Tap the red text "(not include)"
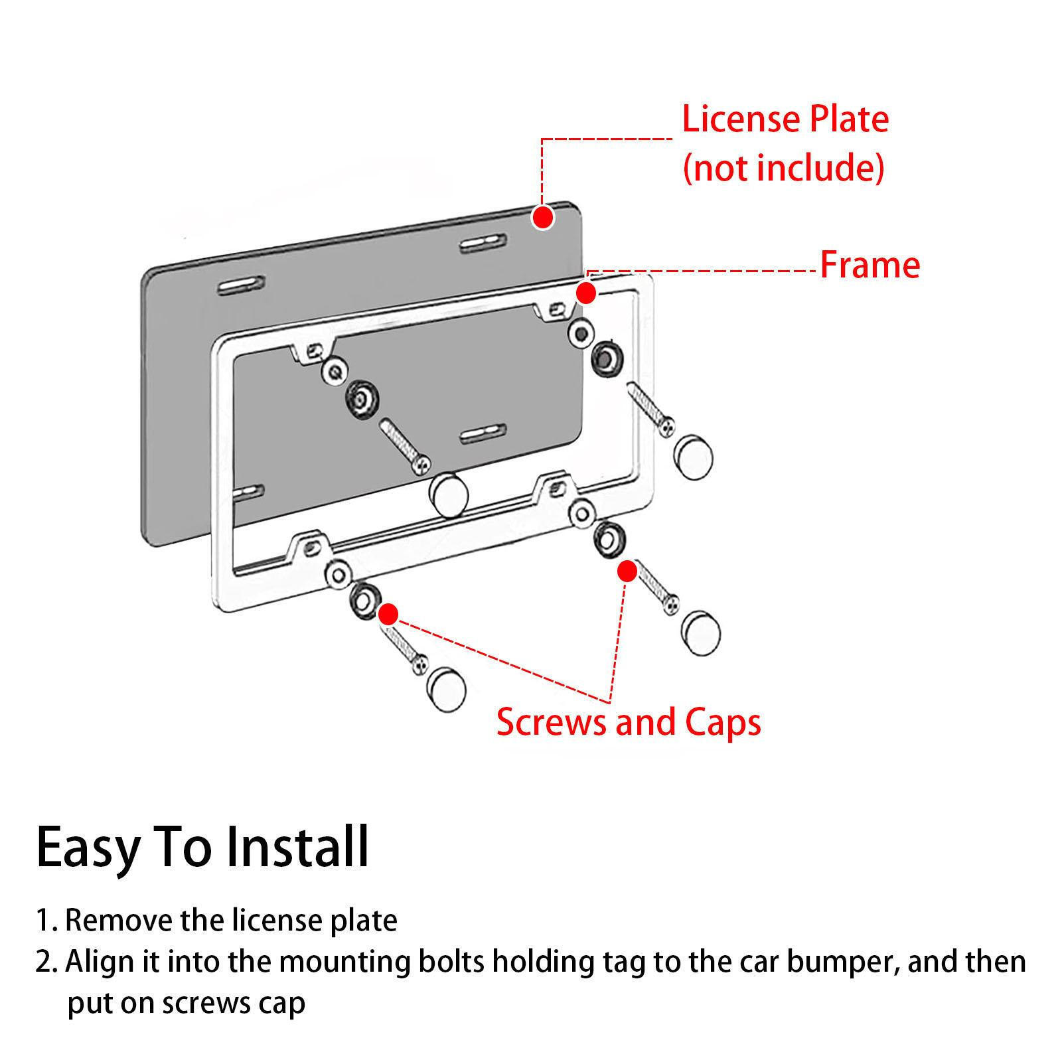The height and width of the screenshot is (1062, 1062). point(783,167)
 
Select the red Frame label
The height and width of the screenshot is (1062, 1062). point(870,265)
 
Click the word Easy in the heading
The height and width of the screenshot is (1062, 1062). point(88,848)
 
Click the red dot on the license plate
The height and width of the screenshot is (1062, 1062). point(543,216)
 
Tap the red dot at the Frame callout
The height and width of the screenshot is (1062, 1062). point(585,293)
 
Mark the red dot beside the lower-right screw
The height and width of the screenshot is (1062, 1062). point(627,571)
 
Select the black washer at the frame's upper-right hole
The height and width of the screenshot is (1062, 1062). point(605,358)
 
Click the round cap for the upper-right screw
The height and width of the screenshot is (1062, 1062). point(692,457)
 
